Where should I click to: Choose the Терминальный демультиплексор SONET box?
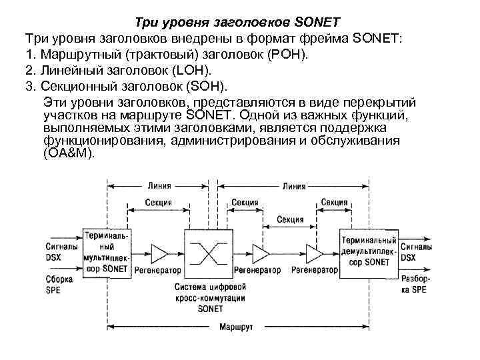[x=369, y=251]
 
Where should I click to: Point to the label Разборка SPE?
[x=415, y=284]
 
